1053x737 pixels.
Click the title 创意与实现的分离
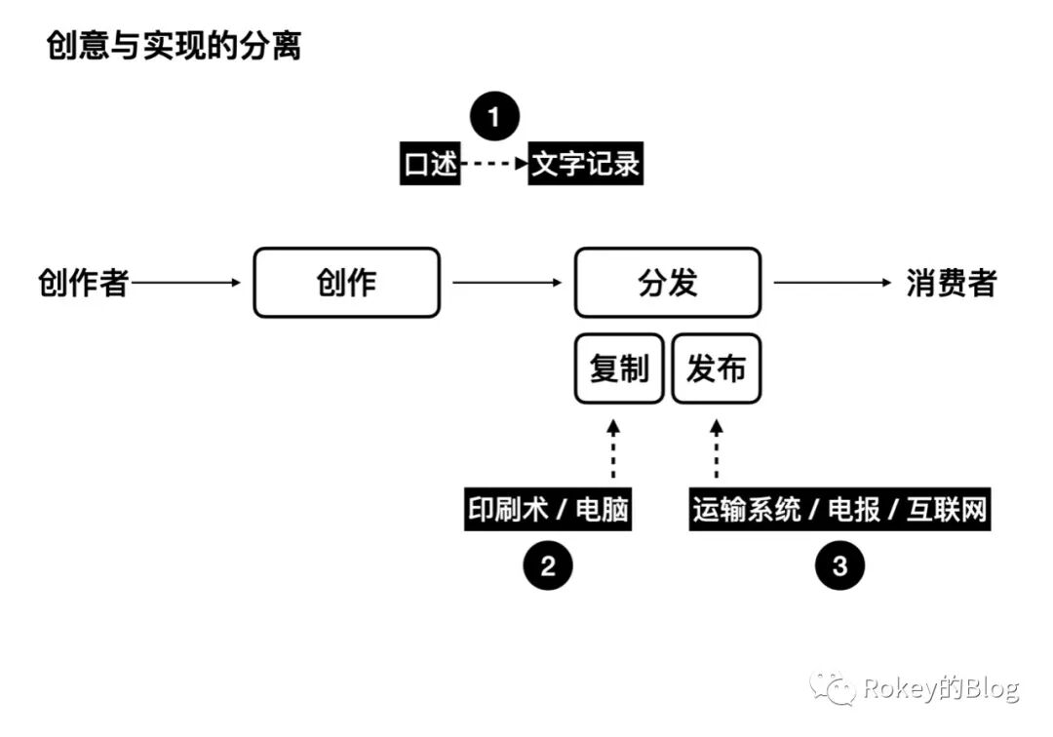tap(174, 46)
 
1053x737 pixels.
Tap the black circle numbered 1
tap(494, 118)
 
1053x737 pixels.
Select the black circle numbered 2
tap(547, 566)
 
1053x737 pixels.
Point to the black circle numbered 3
tap(839, 566)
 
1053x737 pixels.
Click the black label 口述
tap(430, 164)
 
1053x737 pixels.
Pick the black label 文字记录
tap(586, 164)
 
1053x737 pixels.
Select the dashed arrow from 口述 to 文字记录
tap(493, 164)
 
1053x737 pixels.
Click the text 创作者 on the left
tap(83, 283)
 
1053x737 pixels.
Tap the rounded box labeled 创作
tap(346, 283)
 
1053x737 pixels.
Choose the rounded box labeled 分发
tap(667, 283)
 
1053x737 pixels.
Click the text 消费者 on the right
tap(952, 283)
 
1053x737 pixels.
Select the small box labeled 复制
tap(619, 369)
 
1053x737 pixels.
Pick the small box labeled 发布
tap(716, 369)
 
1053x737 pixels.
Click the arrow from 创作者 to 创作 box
tap(185, 283)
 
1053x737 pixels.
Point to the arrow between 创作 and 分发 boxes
tap(507, 283)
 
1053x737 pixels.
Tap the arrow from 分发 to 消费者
tap(834, 283)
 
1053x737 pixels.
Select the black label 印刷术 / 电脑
tap(547, 510)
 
